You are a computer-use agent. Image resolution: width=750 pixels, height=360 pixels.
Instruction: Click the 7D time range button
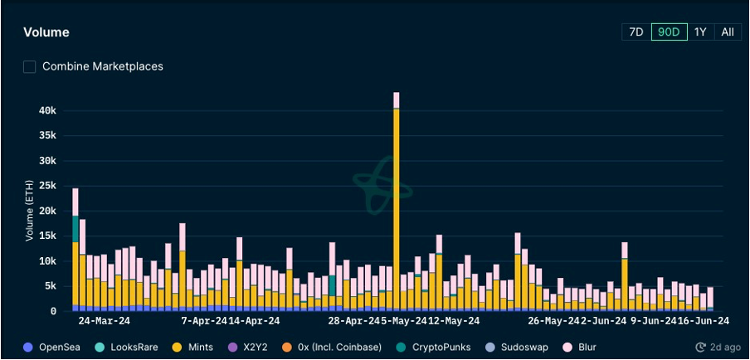coord(636,32)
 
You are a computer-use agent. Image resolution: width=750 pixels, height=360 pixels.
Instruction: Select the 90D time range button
coord(669,32)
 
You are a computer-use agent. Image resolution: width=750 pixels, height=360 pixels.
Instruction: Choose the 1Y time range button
coord(700,32)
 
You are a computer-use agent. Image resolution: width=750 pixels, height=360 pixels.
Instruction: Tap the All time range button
coord(728,32)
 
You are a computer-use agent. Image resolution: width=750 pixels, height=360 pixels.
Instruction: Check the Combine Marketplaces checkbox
coord(30,66)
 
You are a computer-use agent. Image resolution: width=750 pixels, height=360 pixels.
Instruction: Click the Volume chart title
coord(46,32)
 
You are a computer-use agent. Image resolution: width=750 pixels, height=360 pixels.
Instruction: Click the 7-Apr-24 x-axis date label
coord(204,320)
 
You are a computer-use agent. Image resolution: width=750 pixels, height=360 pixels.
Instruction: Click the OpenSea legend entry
coord(57,347)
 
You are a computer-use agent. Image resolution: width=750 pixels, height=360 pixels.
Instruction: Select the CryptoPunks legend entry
coord(444,347)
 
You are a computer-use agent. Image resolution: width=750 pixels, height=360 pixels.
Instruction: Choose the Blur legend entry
coord(587,347)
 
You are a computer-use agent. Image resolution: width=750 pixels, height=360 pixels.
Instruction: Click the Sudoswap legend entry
coord(520,347)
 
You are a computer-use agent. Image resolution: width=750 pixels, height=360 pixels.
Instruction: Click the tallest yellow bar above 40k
coord(397,207)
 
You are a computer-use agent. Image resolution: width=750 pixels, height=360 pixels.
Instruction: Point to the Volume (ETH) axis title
coord(30,212)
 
